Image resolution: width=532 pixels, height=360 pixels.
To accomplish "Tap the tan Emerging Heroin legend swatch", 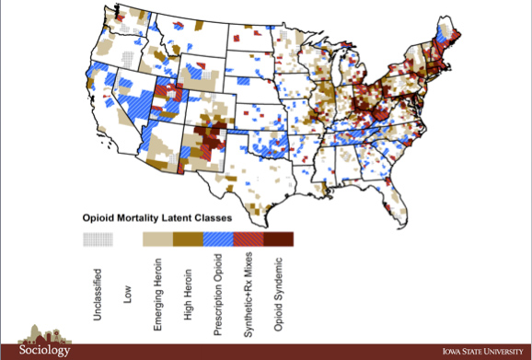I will (157, 239).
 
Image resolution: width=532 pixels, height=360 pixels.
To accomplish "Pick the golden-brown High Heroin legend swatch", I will (188, 239).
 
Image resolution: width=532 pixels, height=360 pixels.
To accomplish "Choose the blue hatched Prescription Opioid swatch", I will (218, 239).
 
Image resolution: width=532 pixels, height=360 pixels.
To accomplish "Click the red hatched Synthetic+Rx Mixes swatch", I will (249, 239).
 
